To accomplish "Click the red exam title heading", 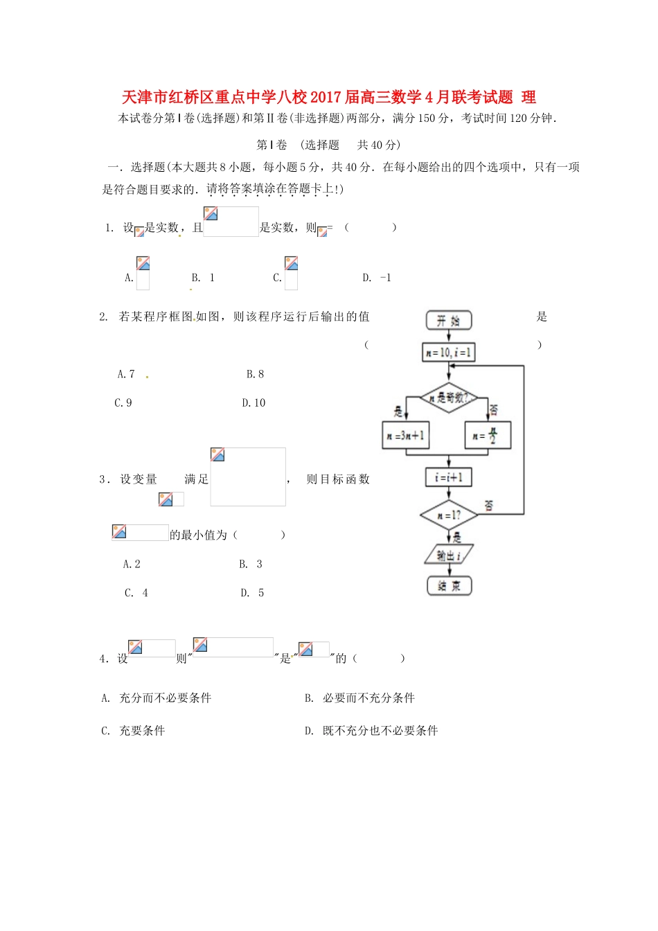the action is tap(329, 97).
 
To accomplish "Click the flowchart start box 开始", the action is tap(449, 320).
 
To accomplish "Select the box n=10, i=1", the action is tap(449, 353).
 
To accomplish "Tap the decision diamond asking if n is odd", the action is tap(449, 398).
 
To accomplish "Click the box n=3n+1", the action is tap(406, 436).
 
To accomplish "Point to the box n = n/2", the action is tap(488, 436).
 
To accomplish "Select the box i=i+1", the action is tap(449, 477).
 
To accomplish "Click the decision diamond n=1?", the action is tap(449, 515).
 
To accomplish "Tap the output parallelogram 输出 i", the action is tap(449, 555).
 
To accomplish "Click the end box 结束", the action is tap(449, 586).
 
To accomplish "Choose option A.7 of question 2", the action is tap(126, 374).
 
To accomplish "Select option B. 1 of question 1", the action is tap(203, 278).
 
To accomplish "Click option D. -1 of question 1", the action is tap(377, 278).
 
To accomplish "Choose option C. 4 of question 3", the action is tap(136, 593).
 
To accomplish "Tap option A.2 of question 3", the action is tap(132, 565).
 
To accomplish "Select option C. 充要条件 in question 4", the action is tap(133, 731).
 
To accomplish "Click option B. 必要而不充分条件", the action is tap(359, 698).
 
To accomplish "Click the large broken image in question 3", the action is tap(248, 477).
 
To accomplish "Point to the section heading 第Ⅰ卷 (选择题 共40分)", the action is tap(328, 145).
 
